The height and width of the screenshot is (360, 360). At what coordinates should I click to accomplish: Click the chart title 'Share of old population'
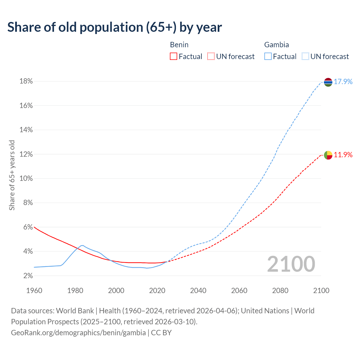tap(114, 27)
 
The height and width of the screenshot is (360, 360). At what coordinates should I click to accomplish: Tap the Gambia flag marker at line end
tap(328, 82)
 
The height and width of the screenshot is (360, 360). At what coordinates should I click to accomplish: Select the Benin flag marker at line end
tap(328, 155)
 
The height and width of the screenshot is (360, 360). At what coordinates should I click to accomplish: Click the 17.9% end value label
tap(343, 82)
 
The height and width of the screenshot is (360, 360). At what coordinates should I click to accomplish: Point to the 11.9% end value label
tap(343, 155)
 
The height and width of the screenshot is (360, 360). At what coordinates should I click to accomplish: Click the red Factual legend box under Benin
tap(174, 57)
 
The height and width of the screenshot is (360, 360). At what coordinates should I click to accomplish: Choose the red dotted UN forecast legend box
tap(211, 57)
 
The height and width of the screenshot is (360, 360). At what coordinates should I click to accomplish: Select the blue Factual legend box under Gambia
tap(268, 57)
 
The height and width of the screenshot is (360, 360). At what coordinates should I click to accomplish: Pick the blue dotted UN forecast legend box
tap(305, 57)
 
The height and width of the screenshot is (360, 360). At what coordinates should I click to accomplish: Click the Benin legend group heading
tap(179, 45)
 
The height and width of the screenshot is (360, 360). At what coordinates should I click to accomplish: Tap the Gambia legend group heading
tap(276, 45)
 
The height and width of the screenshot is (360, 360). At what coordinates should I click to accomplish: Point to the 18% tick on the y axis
tap(26, 81)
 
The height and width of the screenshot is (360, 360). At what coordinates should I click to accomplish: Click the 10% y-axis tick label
tap(26, 179)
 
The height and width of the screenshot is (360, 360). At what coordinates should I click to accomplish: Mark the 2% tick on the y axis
tap(28, 276)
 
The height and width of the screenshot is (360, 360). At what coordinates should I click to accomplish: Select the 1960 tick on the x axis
tap(34, 291)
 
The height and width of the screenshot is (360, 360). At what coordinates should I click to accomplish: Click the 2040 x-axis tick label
tap(198, 291)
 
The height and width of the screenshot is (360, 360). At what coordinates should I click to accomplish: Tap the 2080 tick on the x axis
tap(280, 291)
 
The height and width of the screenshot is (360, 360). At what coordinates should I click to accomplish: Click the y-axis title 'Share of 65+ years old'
tap(12, 175)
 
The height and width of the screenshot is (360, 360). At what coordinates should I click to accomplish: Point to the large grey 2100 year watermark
tap(291, 264)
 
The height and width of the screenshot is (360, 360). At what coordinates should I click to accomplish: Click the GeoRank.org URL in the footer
tap(78, 333)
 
